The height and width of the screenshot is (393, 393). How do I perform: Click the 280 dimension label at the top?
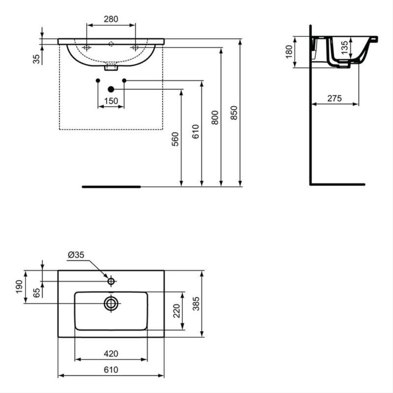tap(111, 19)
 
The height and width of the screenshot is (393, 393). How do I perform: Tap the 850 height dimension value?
tap(234, 113)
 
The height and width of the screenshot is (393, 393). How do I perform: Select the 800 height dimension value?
tap(215, 117)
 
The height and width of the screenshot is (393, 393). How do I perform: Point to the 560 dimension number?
tap(175, 139)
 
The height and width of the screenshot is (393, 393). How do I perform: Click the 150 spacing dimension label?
tap(111, 101)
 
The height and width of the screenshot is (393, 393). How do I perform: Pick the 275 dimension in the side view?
tap(335, 98)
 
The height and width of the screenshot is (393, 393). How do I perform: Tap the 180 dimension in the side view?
tap(289, 52)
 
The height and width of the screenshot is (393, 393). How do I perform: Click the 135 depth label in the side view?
tap(345, 47)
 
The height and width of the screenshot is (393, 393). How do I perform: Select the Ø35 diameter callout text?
tap(76, 255)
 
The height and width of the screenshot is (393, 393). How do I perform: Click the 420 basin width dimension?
tap(111, 354)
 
